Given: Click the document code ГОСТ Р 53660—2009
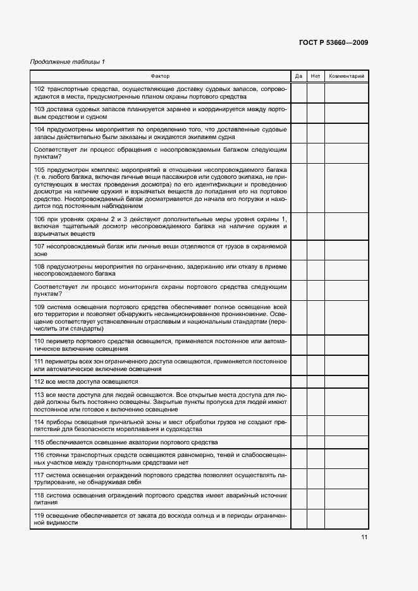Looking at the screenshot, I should pos(333,42).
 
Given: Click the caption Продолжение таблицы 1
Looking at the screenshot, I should pos(68,61).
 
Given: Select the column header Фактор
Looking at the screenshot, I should pos(161,76).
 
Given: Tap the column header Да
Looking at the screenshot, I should pos(298,76).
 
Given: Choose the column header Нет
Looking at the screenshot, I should pos(316,76).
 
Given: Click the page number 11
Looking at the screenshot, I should pos(364,537).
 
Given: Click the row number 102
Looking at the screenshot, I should pos(39,89).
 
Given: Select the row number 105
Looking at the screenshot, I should pos(39,170).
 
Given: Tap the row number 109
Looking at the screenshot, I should pos(39,307).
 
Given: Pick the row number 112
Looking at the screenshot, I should pos(39,382).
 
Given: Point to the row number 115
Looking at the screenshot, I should pos(39,442).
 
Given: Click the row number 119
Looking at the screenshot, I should pos(39,515).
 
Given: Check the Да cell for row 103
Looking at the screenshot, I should pos(298,113).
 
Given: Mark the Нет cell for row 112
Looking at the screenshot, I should pos(316,382).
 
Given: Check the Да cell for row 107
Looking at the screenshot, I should pos(298,250).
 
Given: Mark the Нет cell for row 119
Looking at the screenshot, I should pos(316,519).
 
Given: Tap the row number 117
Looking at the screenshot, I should pos(39,474).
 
